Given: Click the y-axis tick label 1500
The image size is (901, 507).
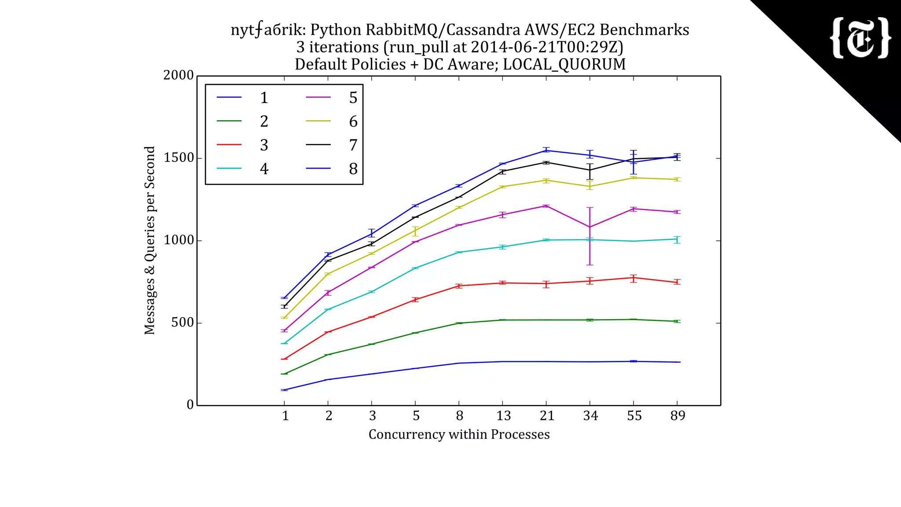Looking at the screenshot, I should pos(179,158).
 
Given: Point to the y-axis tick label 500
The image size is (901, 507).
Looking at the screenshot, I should pos(183,323).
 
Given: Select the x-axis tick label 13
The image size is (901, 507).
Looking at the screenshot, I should pos(503,416).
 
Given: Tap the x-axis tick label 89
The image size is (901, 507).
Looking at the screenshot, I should pos(678,416).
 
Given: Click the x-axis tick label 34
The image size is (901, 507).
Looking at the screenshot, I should pos(590,416).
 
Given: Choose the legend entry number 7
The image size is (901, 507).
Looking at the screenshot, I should pos(353,145).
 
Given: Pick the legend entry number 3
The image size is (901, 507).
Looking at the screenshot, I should pos(264,145).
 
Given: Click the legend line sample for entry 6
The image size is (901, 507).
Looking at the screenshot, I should pos(318,121).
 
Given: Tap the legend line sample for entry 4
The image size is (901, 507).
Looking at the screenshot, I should pos(229,169).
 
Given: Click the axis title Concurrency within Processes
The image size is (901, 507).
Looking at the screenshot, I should pos(459,434).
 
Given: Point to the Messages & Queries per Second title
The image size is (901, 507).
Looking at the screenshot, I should pos(150,240).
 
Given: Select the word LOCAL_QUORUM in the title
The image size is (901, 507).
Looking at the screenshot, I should pos(564,64).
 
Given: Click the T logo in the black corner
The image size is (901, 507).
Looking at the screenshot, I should pos(860,38).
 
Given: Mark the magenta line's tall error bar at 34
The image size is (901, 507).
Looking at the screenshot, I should pos(590,236).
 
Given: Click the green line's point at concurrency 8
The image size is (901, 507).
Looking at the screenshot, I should pos(459,323).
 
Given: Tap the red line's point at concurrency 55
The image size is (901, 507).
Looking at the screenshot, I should pos(634,278).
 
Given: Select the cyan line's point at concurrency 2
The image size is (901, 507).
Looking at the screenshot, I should pos(328,309).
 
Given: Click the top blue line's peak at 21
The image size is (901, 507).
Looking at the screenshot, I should pos(546,151).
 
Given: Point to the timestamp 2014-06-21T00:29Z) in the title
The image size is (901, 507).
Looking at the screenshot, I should pos(547,47).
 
